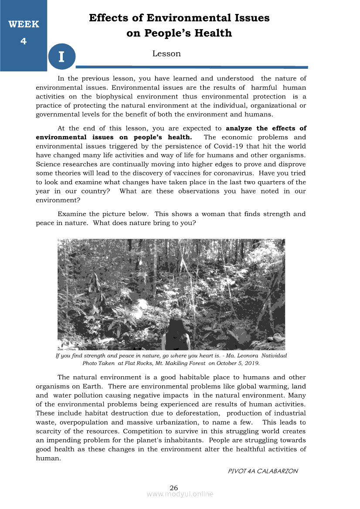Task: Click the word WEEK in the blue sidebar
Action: click(x=24, y=24)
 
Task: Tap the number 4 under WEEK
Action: click(x=24, y=41)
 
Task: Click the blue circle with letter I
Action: click(x=61, y=57)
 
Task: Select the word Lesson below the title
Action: click(x=166, y=54)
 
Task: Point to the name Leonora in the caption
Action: click(x=245, y=356)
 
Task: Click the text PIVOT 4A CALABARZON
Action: click(x=263, y=471)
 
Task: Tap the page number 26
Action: click(x=174, y=488)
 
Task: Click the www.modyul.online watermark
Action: click(x=180, y=494)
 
